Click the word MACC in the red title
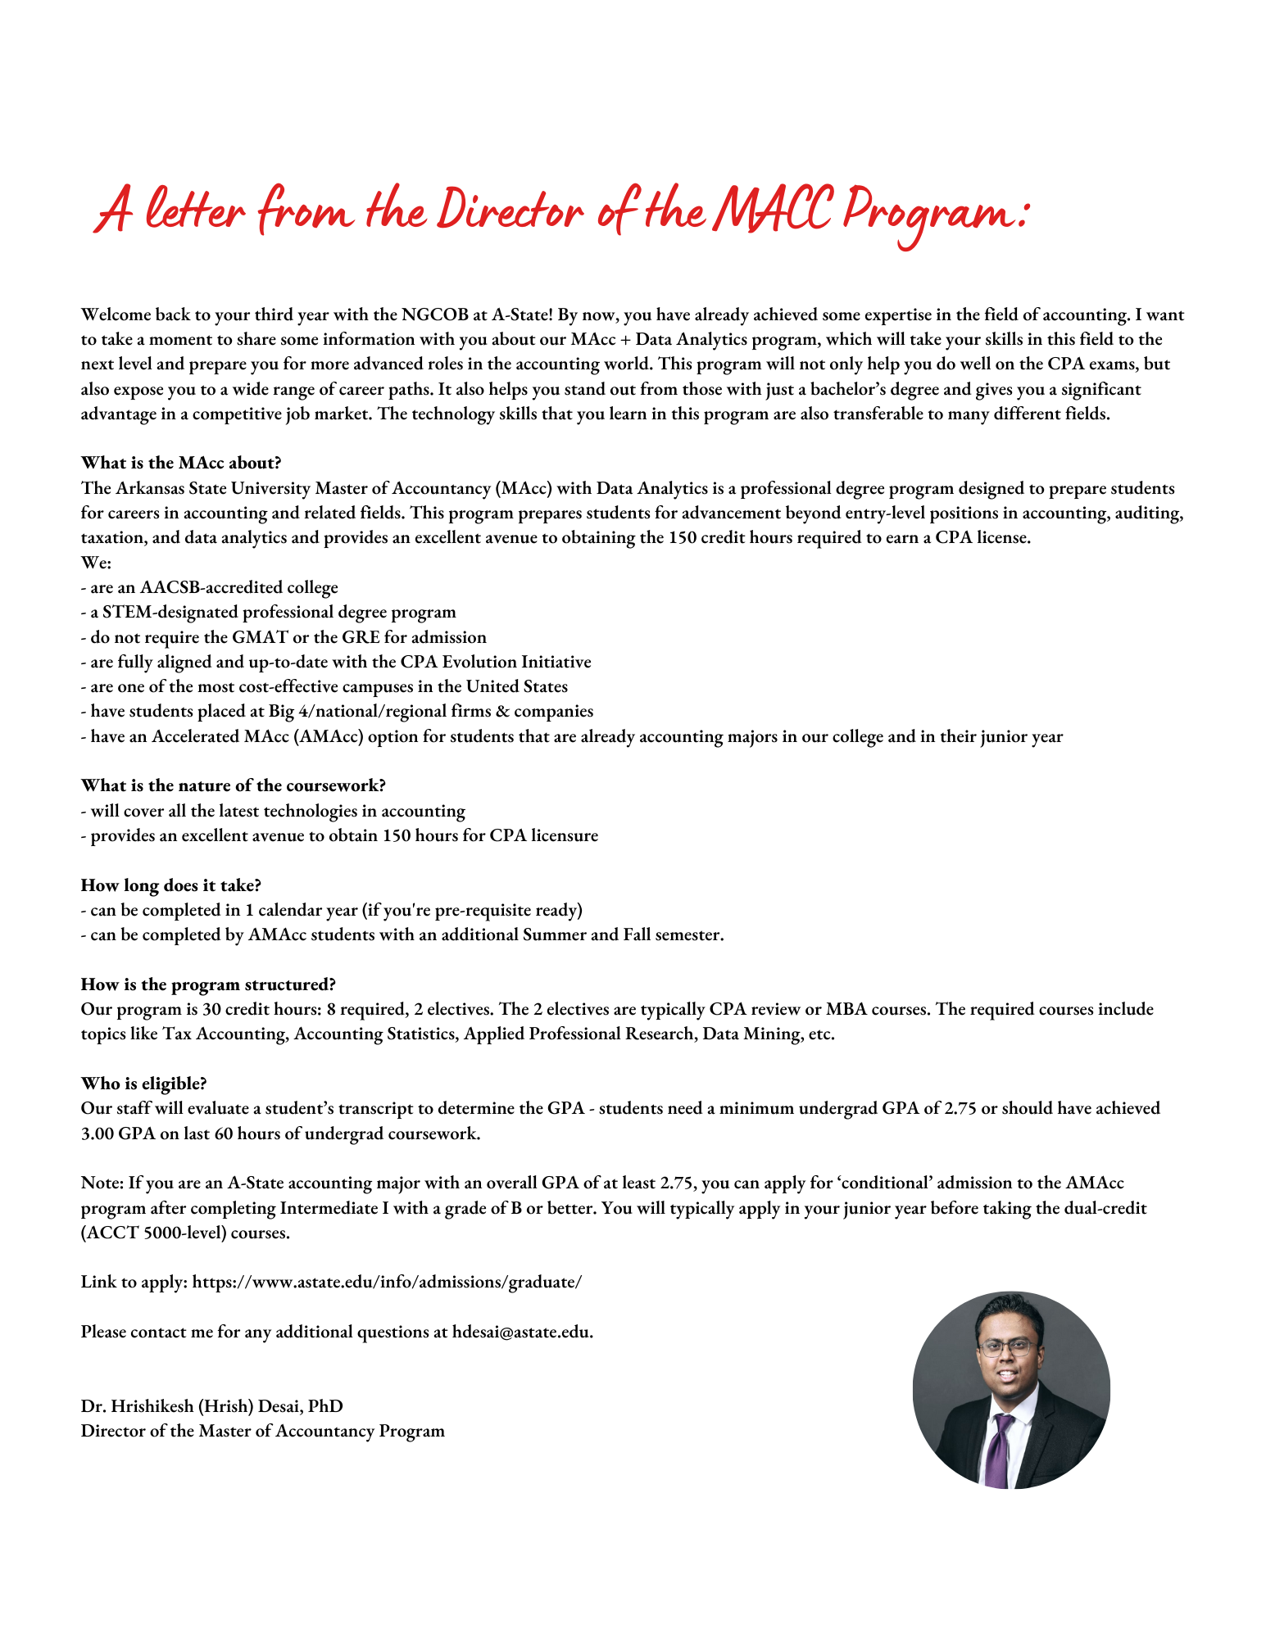pos(773,210)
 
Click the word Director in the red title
pos(510,210)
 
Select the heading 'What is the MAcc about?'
pos(181,463)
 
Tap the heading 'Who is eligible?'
pos(143,1084)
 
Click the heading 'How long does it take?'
pos(170,885)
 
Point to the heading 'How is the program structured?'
pos(208,984)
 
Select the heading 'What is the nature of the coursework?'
pos(233,785)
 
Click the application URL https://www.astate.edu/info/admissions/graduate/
pos(387,1282)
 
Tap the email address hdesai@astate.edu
pos(521,1332)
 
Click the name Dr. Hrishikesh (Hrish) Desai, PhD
pos(211,1406)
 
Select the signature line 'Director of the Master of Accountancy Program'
pos(262,1431)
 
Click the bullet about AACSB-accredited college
pos(209,587)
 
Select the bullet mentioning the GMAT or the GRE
pos(284,637)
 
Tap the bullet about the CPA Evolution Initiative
pos(336,662)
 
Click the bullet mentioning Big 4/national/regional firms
pos(337,711)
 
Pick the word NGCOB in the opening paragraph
pos(434,314)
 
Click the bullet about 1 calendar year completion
pos(332,910)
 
